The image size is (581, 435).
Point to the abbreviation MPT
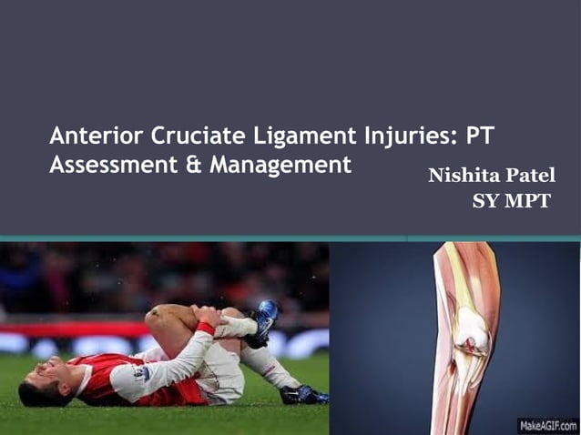click(530, 201)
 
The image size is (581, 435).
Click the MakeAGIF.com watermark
click(547, 425)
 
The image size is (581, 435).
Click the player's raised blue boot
click(265, 319)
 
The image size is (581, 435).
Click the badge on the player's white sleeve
click(142, 373)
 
